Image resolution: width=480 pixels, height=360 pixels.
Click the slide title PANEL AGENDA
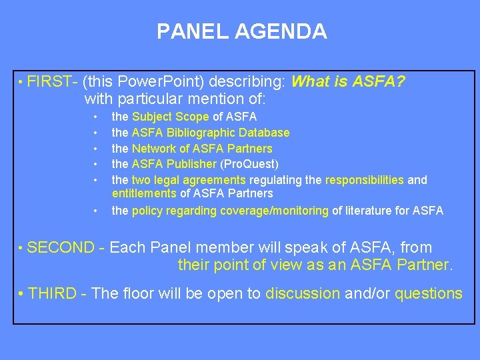coord(241,31)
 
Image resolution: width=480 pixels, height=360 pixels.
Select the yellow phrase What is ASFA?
coord(349,82)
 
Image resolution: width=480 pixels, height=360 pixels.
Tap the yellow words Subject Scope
coord(171,117)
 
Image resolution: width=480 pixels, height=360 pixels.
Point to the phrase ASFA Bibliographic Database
coord(211,133)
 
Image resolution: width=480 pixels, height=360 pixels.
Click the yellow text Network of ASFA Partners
coord(202,148)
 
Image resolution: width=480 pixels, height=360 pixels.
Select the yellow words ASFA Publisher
coord(174,163)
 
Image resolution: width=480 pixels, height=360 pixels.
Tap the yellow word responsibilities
coord(364,179)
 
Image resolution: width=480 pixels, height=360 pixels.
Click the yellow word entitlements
coord(144,193)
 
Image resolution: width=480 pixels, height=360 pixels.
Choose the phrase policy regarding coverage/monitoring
coord(230,211)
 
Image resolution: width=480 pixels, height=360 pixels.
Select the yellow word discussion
coord(303,294)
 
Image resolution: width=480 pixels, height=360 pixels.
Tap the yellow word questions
coord(428,294)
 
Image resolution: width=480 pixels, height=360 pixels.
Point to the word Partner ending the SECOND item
coord(422,265)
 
